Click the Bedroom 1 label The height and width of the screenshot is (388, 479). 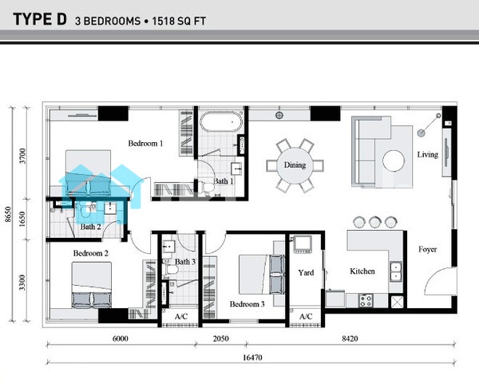pyautogui.click(x=145, y=143)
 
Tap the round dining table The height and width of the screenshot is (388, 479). pyautogui.click(x=295, y=165)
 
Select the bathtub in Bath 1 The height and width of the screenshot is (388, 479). pyautogui.click(x=221, y=122)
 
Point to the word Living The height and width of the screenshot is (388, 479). pyautogui.click(x=428, y=155)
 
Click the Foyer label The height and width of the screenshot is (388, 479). pyautogui.click(x=427, y=249)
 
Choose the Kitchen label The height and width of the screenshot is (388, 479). pyautogui.click(x=362, y=271)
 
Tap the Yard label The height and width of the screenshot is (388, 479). pyautogui.click(x=306, y=272)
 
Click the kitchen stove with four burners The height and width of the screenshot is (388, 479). pyautogui.click(x=366, y=300)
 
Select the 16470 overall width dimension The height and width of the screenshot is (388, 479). pyautogui.click(x=252, y=357)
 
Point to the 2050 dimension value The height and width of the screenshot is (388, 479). pyautogui.click(x=221, y=339)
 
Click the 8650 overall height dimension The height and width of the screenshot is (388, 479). pyautogui.click(x=8, y=215)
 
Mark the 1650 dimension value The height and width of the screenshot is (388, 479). pyautogui.click(x=22, y=220)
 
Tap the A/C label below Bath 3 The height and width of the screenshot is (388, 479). pyautogui.click(x=181, y=316)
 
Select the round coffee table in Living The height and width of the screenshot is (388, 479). pyautogui.click(x=394, y=160)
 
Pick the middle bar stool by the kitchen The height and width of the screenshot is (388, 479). pyautogui.click(x=375, y=222)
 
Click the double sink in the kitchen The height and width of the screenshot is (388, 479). pyautogui.click(x=396, y=271)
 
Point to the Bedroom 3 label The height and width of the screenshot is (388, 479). pyautogui.click(x=247, y=304)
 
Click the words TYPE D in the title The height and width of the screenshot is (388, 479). pyautogui.click(x=40, y=19)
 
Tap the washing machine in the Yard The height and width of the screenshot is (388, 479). pyautogui.click(x=303, y=244)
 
